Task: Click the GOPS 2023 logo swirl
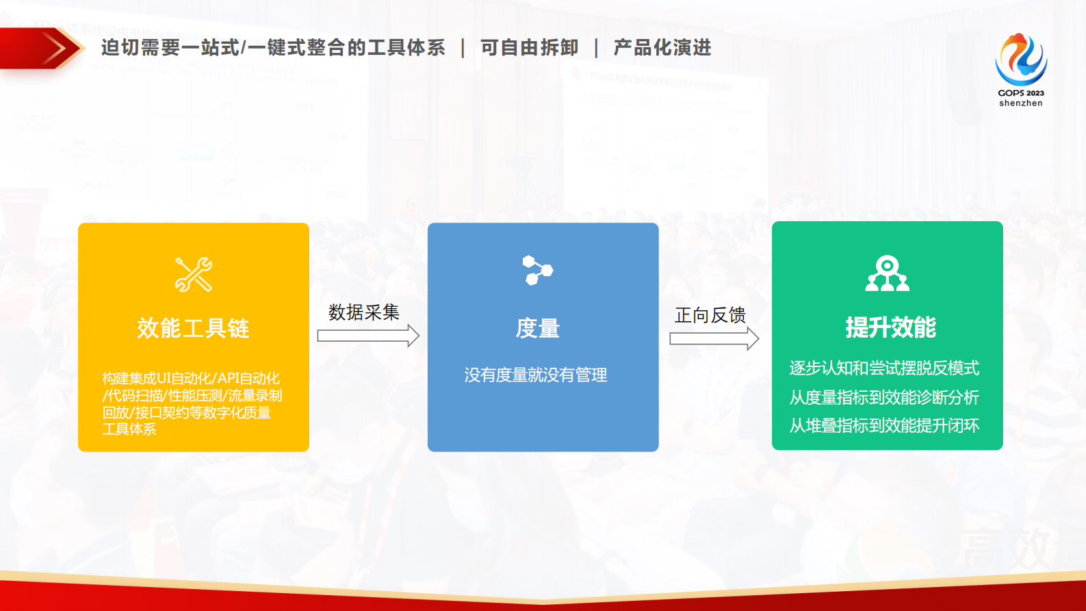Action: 1020,60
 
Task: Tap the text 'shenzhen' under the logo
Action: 1020,103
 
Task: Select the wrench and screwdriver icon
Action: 194,275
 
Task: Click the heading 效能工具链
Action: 193,328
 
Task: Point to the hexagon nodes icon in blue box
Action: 537,270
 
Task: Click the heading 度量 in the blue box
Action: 537,329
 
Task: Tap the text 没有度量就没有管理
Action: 536,375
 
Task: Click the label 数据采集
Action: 363,312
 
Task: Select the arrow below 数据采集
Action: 367,336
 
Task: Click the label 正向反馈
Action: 710,315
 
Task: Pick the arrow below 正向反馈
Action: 714,338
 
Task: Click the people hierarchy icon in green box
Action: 887,273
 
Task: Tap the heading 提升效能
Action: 890,327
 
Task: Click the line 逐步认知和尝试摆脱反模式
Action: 884,368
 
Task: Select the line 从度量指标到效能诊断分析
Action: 884,397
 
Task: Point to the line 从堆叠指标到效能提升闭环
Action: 884,425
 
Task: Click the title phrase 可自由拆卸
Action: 529,48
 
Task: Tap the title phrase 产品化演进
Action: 662,48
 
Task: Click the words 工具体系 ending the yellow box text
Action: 129,429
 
